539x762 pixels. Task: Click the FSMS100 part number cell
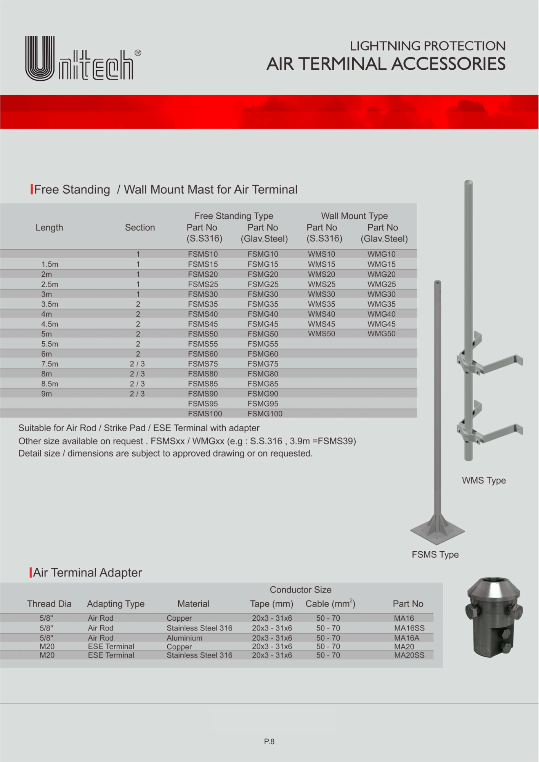pyautogui.click(x=205, y=414)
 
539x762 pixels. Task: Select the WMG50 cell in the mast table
pyautogui.click(x=381, y=334)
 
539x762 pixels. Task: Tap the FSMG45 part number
pyautogui.click(x=263, y=324)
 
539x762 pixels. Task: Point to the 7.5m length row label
pyautogui.click(x=50, y=364)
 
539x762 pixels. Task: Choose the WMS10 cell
pyautogui.click(x=321, y=254)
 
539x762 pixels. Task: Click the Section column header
pyautogui.click(x=140, y=227)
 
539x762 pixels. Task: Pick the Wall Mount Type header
pyautogui.click(x=354, y=216)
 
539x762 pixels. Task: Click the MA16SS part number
pyautogui.click(x=409, y=628)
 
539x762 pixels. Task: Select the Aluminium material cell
pyautogui.click(x=184, y=638)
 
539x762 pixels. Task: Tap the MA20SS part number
pyautogui.click(x=409, y=655)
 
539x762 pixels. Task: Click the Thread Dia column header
pyautogui.click(x=49, y=604)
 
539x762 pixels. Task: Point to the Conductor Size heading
pyautogui.click(x=300, y=590)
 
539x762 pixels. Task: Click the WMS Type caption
pyautogui.click(x=484, y=480)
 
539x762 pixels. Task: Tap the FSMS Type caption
pyautogui.click(x=435, y=555)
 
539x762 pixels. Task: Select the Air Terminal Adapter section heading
pyautogui.click(x=87, y=573)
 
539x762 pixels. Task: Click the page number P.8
pyautogui.click(x=269, y=741)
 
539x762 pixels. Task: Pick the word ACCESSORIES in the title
pyautogui.click(x=448, y=64)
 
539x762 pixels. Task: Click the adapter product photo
pyautogui.click(x=494, y=617)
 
